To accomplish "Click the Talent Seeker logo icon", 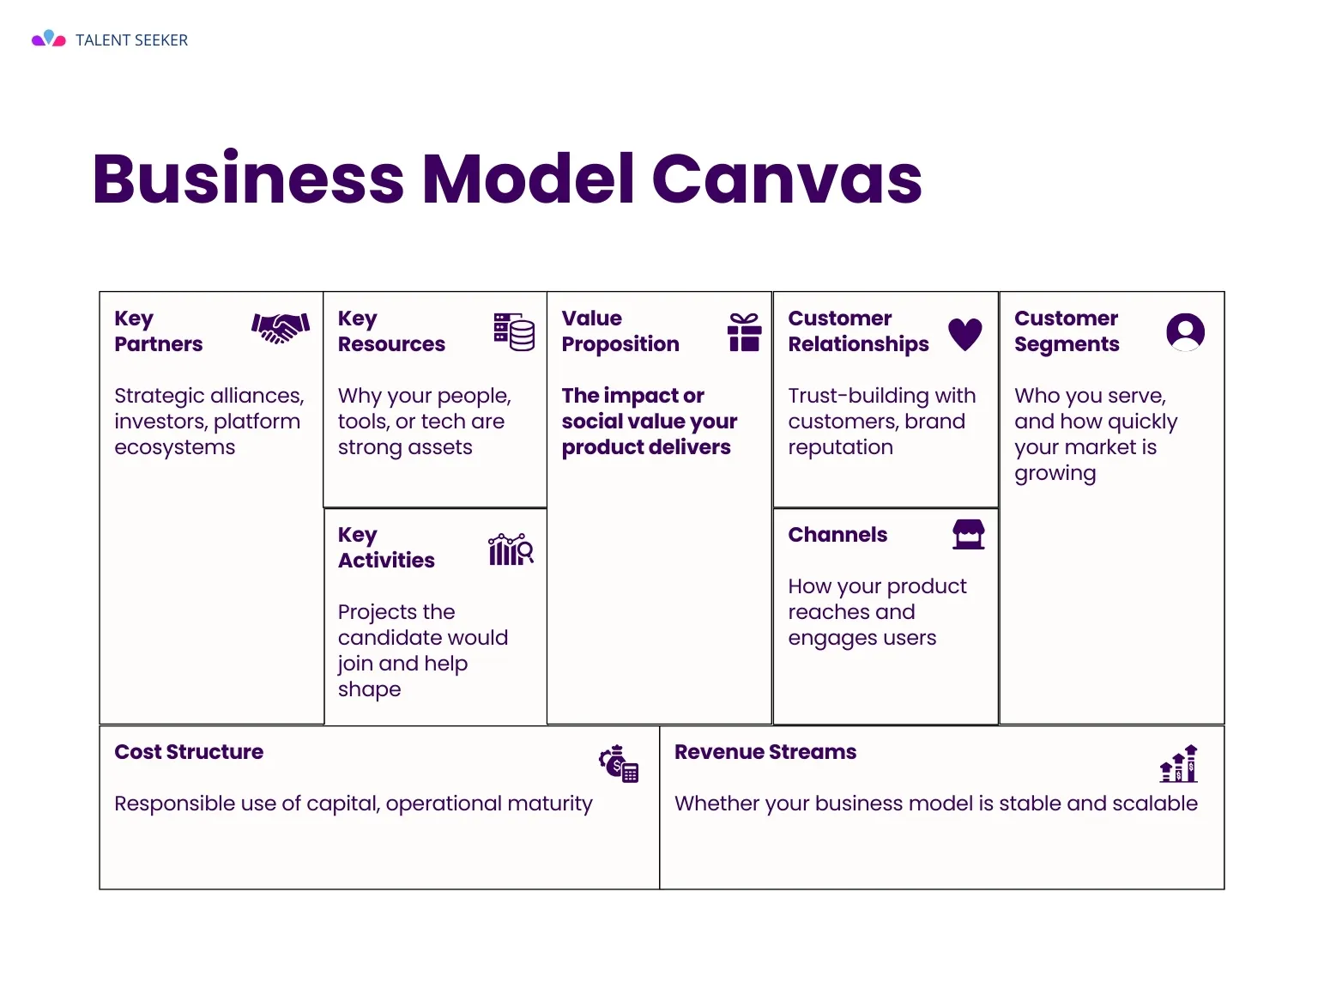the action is [49, 39].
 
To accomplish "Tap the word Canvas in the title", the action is [787, 179].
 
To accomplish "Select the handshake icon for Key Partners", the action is [281, 328].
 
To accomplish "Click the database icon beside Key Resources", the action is [514, 331].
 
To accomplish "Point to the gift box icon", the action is [745, 331].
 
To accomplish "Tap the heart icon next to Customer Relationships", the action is [965, 334].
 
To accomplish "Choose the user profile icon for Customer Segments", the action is [1185, 331].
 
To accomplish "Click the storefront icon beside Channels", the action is [969, 534].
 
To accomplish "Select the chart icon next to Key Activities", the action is [511, 549].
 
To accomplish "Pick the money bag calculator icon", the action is [619, 764].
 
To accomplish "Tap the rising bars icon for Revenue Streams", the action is [1179, 763].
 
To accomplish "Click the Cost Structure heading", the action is [189, 752].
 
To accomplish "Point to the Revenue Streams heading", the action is [765, 752].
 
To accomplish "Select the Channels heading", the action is [837, 535].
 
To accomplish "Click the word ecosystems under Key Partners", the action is [175, 447].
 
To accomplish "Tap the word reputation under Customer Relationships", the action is [841, 448].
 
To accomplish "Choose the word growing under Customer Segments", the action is [1055, 474].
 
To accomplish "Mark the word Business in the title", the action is [248, 179].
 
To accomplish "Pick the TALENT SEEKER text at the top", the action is [131, 40].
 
